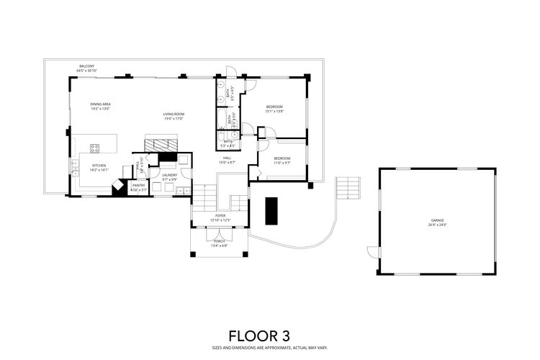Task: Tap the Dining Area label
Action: [100, 104]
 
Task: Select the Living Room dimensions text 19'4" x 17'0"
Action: [174, 118]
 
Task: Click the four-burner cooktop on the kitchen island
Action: [94, 148]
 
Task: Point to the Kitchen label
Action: [99, 166]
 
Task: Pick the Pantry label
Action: [139, 185]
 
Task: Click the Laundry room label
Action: [169, 175]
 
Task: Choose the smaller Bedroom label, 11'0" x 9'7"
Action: [282, 160]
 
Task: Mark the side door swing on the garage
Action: [372, 251]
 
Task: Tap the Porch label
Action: [219, 243]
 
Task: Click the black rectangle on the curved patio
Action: [271, 210]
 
